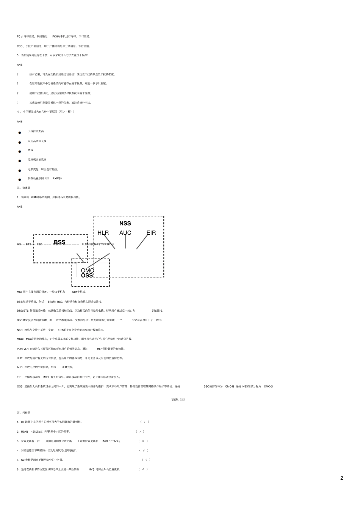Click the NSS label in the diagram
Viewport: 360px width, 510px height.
coord(125,223)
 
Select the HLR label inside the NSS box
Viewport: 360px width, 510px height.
coord(103,233)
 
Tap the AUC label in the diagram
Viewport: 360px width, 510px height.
coord(125,233)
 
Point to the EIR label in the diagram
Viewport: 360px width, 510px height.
coord(151,233)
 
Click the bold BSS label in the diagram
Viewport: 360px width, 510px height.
coord(59,242)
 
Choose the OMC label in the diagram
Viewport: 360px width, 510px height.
coord(87,270)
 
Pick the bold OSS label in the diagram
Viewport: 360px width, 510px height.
coord(87,276)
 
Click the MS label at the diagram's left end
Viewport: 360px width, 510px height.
coord(19,245)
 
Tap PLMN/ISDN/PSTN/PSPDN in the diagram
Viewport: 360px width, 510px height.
coord(98,245)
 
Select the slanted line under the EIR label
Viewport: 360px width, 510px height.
coord(142,242)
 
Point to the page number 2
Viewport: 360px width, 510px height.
coord(341,478)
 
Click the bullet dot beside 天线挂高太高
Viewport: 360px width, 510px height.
coord(20,133)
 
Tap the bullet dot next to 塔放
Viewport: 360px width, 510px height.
coord(20,152)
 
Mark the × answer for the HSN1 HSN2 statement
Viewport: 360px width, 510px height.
coord(140,432)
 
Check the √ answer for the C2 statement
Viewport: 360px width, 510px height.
coord(146,460)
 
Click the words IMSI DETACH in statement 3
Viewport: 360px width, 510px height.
coord(111,441)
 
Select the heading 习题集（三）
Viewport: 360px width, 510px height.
coord(178,399)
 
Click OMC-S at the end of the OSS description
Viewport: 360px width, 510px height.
coord(268,386)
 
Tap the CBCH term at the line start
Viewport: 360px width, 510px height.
coord(20,46)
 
